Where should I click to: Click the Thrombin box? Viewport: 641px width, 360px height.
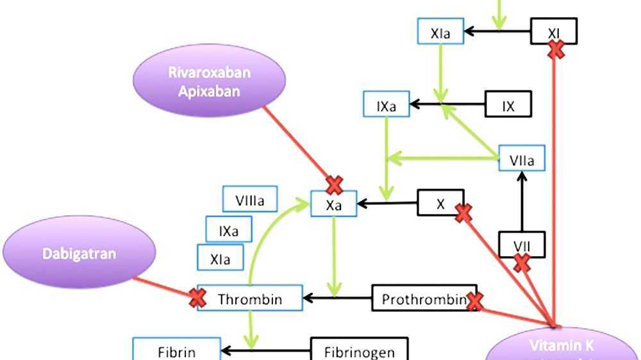[249, 299]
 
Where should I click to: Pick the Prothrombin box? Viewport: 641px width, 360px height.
[424, 299]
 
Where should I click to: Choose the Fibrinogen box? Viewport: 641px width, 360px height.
[358, 351]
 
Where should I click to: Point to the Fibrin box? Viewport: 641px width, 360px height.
[176, 350]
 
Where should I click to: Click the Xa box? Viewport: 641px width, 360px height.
[333, 204]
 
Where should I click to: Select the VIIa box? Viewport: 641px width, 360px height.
[522, 158]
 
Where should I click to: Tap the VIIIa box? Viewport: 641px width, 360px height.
[249, 199]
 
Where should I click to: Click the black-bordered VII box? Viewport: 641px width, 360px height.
[521, 244]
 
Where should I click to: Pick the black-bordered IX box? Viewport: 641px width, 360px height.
[508, 106]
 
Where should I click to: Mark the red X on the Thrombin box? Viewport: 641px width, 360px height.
[197, 297]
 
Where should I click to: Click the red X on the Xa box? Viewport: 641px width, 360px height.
[334, 186]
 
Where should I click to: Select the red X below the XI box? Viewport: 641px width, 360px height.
[556, 50]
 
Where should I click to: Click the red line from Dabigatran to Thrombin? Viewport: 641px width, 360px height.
[163, 287]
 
